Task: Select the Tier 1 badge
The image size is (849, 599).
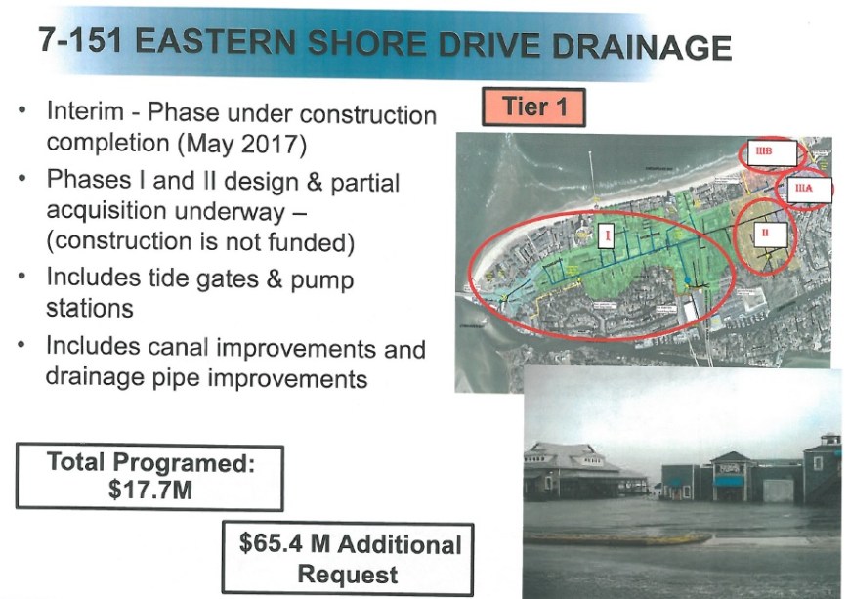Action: point(533,107)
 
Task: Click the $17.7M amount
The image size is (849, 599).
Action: point(150,489)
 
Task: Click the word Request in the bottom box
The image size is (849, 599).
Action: point(347,574)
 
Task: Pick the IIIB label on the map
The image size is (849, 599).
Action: point(763,151)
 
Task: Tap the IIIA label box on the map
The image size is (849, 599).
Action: point(804,189)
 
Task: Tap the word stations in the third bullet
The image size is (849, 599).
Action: point(89,309)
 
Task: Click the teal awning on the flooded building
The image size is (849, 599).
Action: point(728,481)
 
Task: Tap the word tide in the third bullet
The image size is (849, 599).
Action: point(178,278)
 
